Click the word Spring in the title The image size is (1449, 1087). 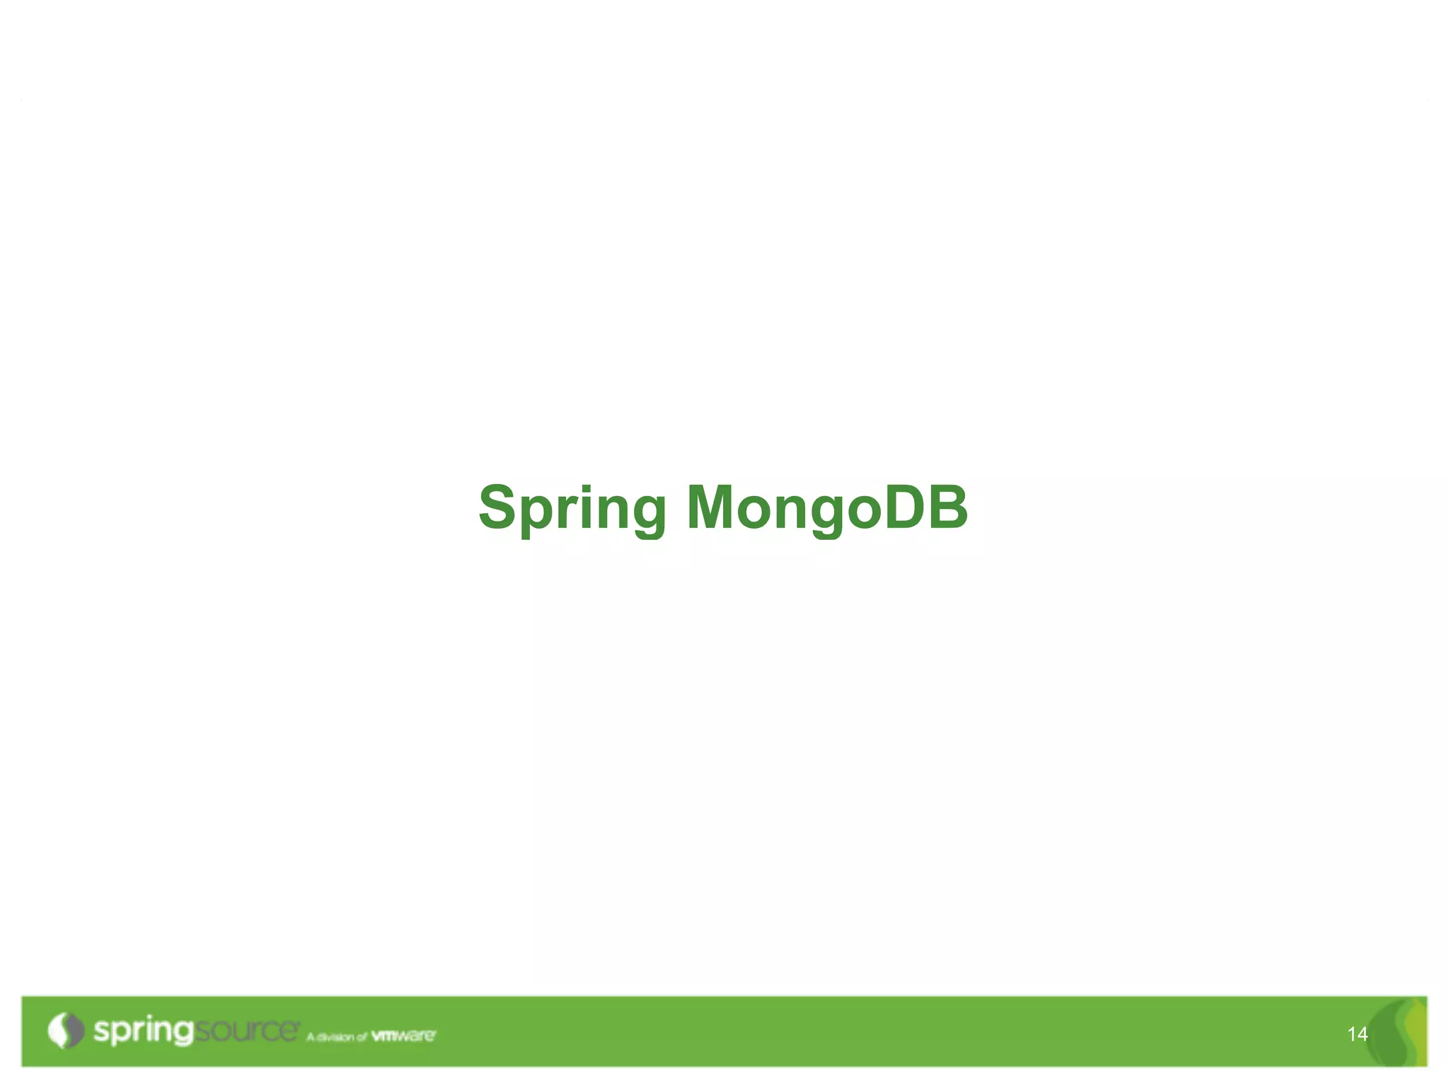[572, 508]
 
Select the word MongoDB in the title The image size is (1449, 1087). [826, 508]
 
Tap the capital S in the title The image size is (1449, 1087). [498, 507]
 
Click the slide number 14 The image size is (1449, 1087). [1357, 1035]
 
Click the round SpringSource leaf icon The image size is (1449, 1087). [65, 1030]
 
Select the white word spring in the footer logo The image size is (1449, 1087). [143, 1031]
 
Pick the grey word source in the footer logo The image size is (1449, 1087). [246, 1031]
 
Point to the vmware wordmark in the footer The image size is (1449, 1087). [403, 1036]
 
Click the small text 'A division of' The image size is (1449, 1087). [337, 1037]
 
